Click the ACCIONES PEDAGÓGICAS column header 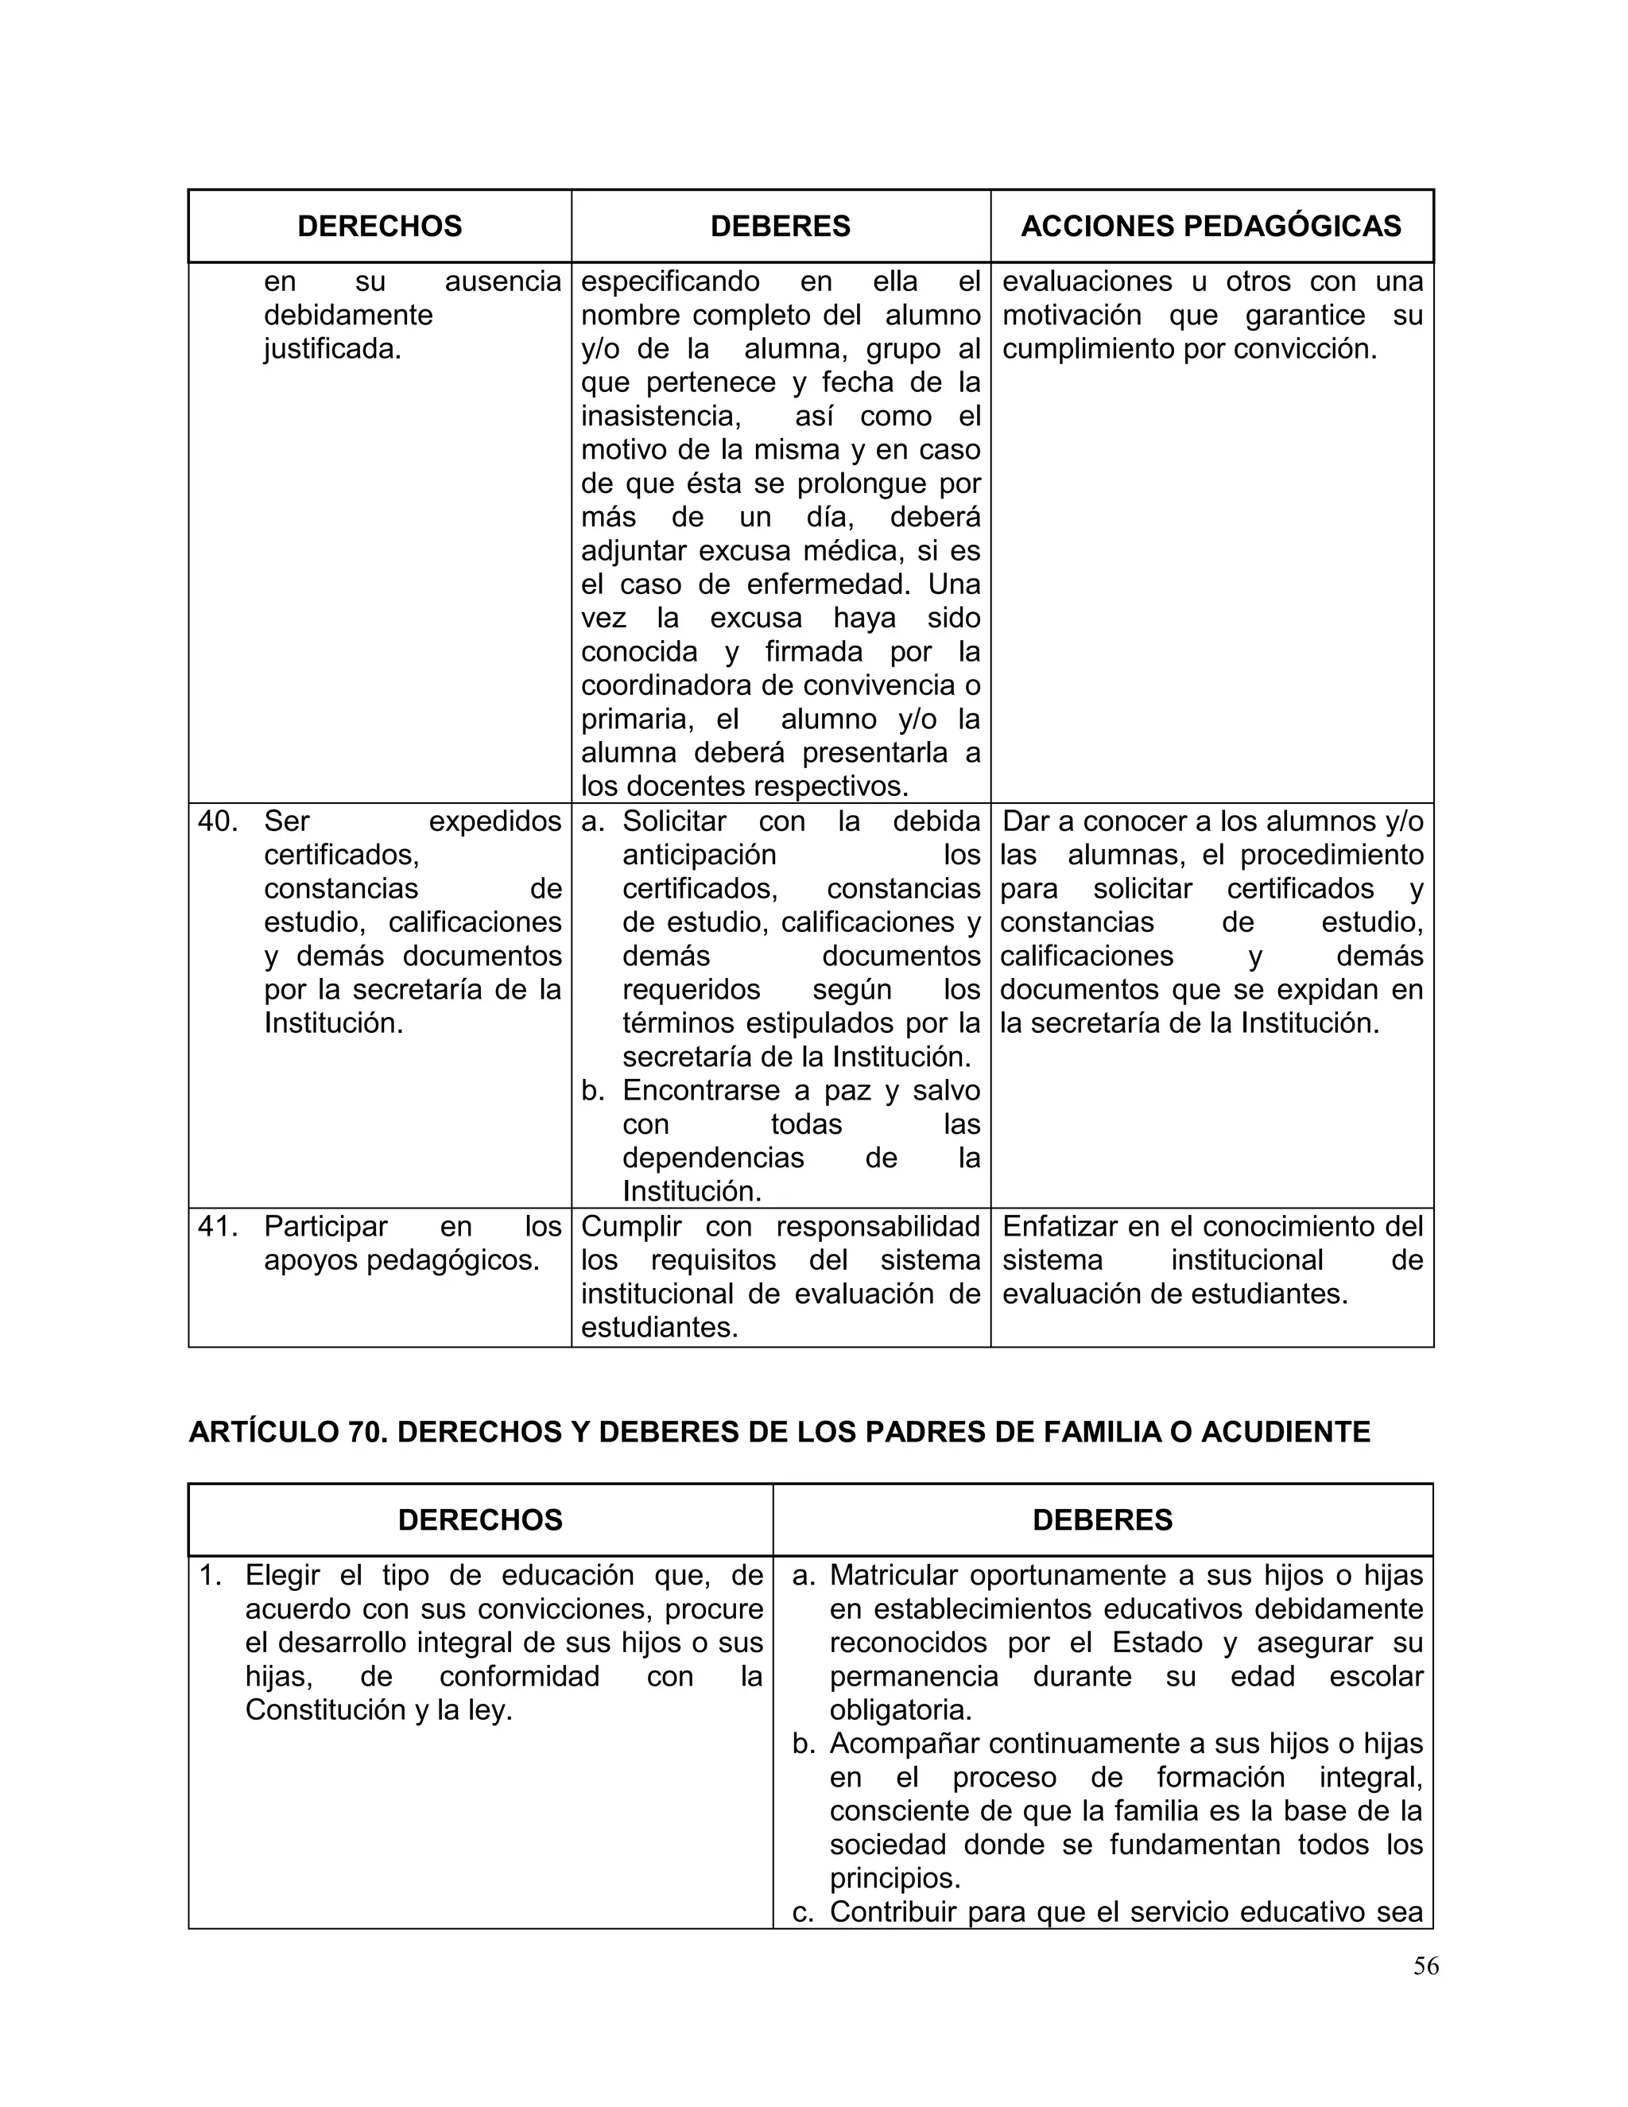(1211, 226)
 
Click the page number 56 (1425, 1965)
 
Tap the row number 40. (217, 821)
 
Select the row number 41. (217, 1226)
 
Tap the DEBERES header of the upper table (781, 226)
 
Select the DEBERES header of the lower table (1102, 1519)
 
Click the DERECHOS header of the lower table (479, 1519)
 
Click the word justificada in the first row (331, 348)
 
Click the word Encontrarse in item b (702, 1090)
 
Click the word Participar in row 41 (325, 1226)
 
